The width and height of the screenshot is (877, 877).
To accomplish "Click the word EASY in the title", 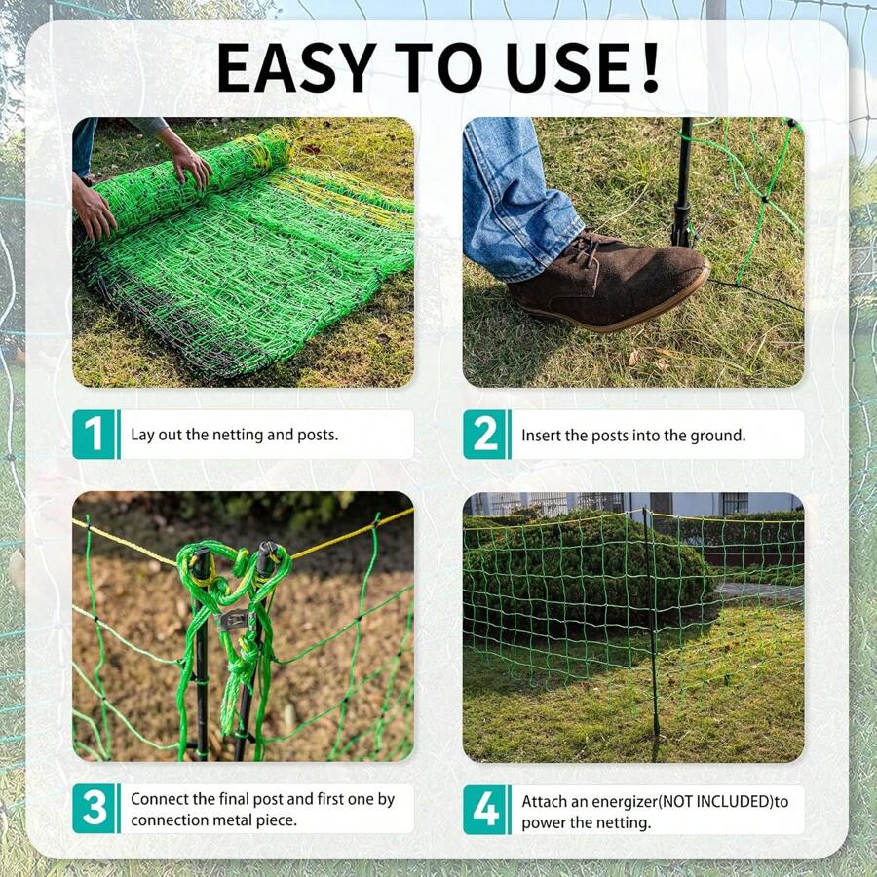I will [295, 67].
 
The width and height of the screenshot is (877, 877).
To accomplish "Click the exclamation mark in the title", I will [648, 67].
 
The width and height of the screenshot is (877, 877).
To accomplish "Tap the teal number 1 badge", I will [94, 435].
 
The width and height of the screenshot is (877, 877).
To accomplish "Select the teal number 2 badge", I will [484, 435].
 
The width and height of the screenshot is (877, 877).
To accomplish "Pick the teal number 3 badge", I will [94, 809].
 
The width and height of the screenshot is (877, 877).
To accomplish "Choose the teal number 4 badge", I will [484, 810].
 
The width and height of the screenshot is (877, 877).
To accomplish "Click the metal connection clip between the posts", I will [234, 620].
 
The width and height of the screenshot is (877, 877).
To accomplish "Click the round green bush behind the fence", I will [585, 575].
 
